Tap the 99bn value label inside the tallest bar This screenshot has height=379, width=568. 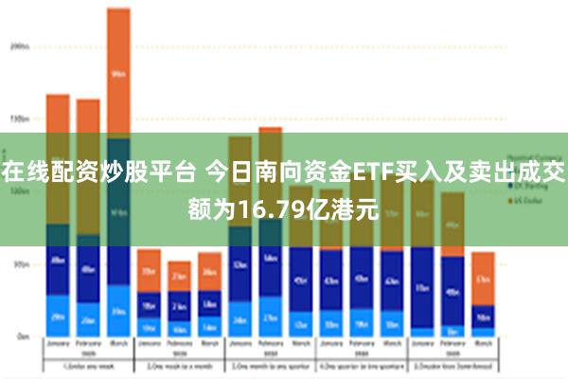[x=118, y=73]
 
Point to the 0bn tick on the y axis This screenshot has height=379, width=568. [x=21, y=336]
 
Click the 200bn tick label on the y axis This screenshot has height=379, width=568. [x=19, y=45]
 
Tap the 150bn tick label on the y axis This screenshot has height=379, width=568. [x=19, y=119]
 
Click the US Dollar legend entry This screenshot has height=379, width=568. [x=525, y=201]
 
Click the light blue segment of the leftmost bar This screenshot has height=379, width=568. [x=58, y=317]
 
